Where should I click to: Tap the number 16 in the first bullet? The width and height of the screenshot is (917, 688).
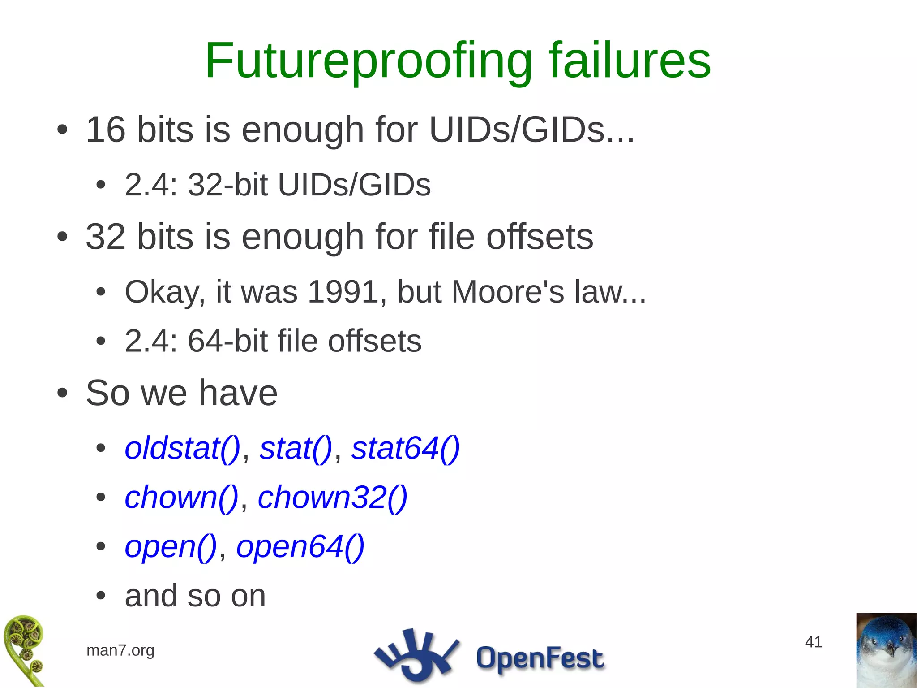point(105,130)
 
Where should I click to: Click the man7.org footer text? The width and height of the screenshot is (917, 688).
point(120,650)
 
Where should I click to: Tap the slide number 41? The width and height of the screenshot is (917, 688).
point(813,642)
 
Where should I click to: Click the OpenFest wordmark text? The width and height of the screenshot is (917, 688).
point(540,658)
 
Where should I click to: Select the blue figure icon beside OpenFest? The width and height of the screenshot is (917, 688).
point(416,655)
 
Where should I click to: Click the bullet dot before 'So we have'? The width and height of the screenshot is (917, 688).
point(62,394)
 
